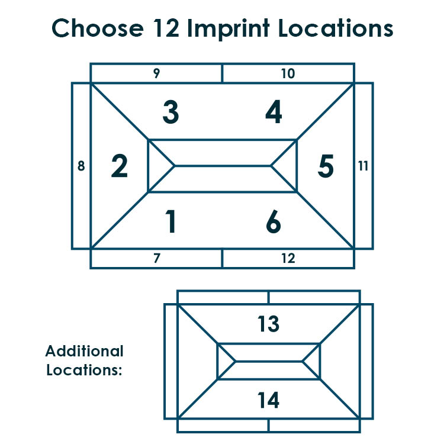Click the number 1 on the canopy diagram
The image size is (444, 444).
pyautogui.click(x=170, y=221)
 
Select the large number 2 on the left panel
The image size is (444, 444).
pyautogui.click(x=119, y=166)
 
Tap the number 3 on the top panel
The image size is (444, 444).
pyautogui.click(x=170, y=112)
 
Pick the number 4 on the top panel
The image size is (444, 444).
pyautogui.click(x=274, y=111)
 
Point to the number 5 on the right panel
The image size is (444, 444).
pyautogui.click(x=326, y=166)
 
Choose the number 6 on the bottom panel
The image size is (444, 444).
pyautogui.click(x=274, y=221)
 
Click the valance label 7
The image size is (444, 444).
pyautogui.click(x=157, y=258)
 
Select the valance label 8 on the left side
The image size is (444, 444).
pyautogui.click(x=81, y=166)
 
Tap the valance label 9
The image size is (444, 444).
pyautogui.click(x=157, y=73)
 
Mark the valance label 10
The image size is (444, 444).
pyautogui.click(x=288, y=73)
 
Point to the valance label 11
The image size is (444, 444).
pyautogui.click(x=363, y=166)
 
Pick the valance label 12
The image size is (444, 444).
pyautogui.click(x=288, y=258)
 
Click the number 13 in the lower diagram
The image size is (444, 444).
pyautogui.click(x=268, y=324)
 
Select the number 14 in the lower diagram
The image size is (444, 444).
pyautogui.click(x=268, y=400)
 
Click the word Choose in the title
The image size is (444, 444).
pyautogui.click(x=98, y=28)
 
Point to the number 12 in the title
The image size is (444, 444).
pyautogui.click(x=166, y=28)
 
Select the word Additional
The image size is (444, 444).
pyautogui.click(x=85, y=351)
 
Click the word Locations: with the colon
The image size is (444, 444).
pyautogui.click(x=84, y=370)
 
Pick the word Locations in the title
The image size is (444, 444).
pyautogui.click(x=336, y=28)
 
